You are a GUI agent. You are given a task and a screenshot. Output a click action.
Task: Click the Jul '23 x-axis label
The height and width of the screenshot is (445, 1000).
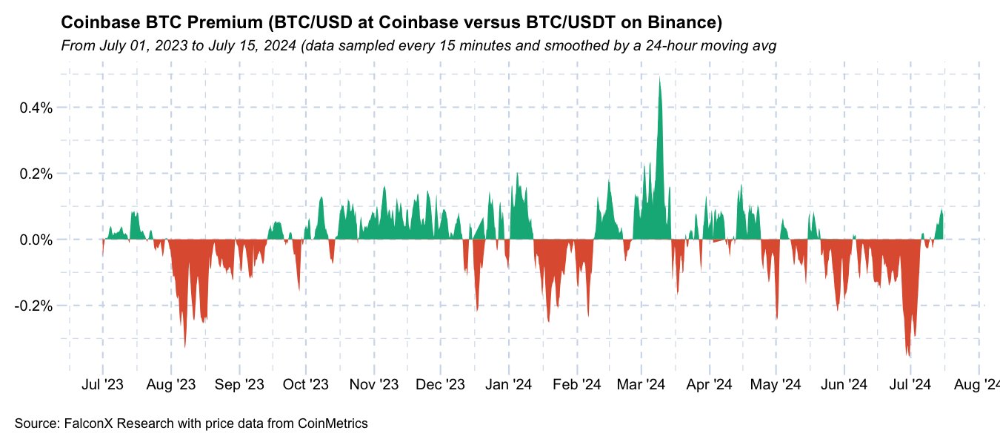pyautogui.click(x=102, y=384)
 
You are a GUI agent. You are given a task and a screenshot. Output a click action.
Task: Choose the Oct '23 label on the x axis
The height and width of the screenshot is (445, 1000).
pyautogui.click(x=306, y=384)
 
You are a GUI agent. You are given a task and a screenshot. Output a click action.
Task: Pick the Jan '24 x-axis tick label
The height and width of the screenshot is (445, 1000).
pyautogui.click(x=509, y=384)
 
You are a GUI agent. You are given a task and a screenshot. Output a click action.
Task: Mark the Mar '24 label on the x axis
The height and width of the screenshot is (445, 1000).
pyautogui.click(x=641, y=384)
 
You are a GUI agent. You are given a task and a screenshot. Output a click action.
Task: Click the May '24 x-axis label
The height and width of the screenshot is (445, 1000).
pyautogui.click(x=776, y=384)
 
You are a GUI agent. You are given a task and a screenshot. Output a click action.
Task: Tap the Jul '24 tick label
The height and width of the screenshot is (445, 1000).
pyautogui.click(x=910, y=384)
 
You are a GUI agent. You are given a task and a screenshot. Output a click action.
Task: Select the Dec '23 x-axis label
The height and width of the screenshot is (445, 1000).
pyautogui.click(x=441, y=384)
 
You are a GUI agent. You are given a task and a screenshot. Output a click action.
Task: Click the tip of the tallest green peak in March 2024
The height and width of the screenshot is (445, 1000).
pyautogui.click(x=659, y=77)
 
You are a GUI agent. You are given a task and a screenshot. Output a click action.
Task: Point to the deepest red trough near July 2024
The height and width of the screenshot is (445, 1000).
pyautogui.click(x=910, y=357)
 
